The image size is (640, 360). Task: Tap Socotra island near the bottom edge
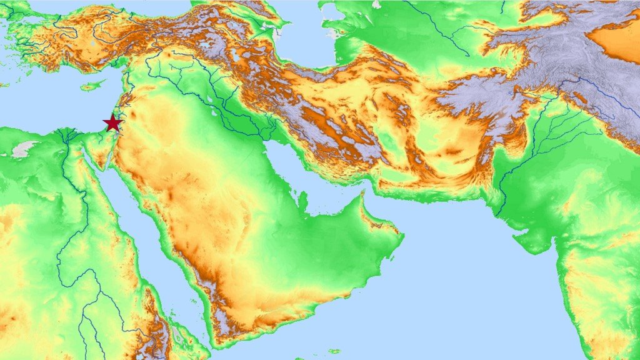[x=334, y=351]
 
